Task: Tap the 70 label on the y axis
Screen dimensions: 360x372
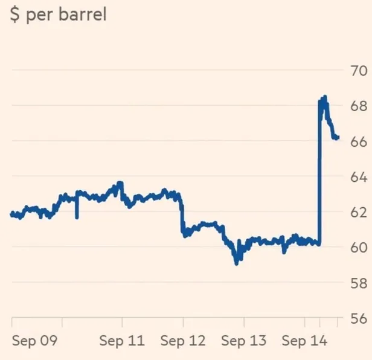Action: (x=355, y=70)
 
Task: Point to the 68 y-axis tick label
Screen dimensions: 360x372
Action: (x=355, y=106)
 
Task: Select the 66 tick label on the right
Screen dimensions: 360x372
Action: (x=355, y=141)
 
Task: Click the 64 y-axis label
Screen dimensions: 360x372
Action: (x=355, y=176)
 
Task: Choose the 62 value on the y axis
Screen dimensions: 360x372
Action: (x=355, y=212)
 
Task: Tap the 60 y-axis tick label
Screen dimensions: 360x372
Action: (x=355, y=247)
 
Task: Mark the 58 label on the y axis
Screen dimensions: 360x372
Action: (x=355, y=283)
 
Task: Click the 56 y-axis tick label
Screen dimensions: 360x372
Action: (x=355, y=318)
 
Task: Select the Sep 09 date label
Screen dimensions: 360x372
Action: (x=34, y=341)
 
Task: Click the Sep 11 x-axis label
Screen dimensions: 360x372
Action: (x=122, y=341)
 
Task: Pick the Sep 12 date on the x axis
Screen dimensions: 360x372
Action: (x=183, y=341)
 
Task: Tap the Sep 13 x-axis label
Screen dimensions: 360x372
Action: (x=243, y=341)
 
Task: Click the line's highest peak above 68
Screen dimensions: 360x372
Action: (x=325, y=97)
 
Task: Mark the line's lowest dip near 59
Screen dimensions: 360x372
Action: (x=237, y=263)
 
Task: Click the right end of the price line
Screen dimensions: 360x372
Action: (x=338, y=138)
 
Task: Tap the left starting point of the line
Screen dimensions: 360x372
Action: (x=12, y=213)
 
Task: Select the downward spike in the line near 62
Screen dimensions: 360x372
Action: (x=77, y=217)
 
